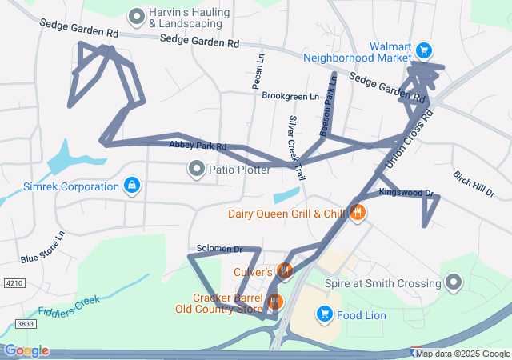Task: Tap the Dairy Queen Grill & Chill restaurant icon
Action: pyautogui.click(x=358, y=213)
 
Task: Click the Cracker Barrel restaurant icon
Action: pyautogui.click(x=275, y=302)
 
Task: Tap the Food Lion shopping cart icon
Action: pyautogui.click(x=325, y=315)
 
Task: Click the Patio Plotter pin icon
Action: pyautogui.click(x=195, y=169)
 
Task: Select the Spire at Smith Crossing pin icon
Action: pyautogui.click(x=454, y=282)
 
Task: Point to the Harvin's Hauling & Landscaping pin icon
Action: pyautogui.click(x=137, y=15)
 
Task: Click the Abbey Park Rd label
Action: pyautogui.click(x=198, y=146)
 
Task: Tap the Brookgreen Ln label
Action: pyautogui.click(x=290, y=96)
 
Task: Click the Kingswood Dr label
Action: pyautogui.click(x=406, y=193)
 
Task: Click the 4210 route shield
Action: pyautogui.click(x=13, y=283)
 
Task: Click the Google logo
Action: pyautogui.click(x=26, y=350)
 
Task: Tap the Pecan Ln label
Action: pyautogui.click(x=258, y=72)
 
